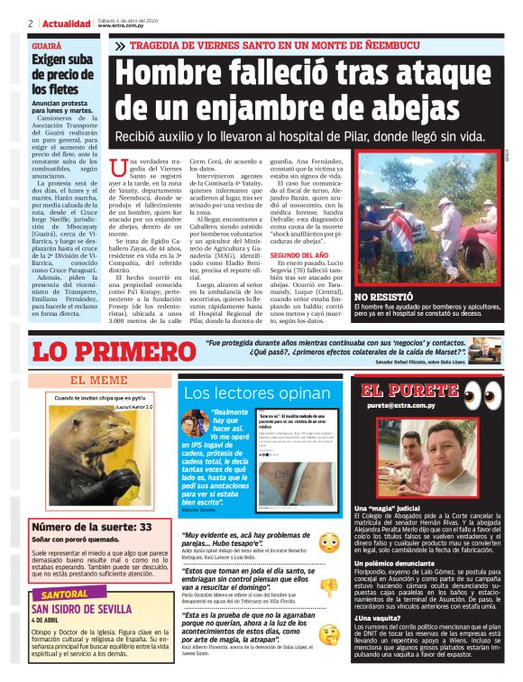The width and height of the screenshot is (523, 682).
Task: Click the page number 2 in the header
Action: coord(31,23)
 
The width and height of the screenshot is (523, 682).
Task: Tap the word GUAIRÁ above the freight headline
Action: coord(47,44)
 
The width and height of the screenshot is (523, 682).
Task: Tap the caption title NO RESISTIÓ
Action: coord(384,296)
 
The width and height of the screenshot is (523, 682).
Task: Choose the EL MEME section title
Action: coord(98,380)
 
